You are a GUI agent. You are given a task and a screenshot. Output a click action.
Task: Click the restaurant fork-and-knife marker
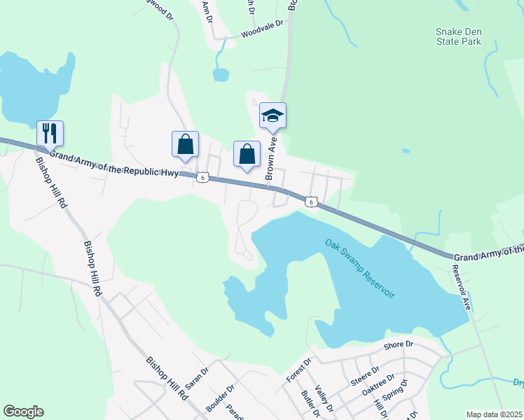coord(50,133)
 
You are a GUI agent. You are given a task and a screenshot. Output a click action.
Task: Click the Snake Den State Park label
coord(458,36)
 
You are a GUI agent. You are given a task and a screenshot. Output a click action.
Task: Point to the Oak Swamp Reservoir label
coord(360,268)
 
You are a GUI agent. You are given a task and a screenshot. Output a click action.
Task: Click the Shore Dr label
coord(399,345)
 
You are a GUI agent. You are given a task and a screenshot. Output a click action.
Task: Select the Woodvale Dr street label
coord(261,28)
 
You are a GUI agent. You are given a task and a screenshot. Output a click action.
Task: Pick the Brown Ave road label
coord(271,159)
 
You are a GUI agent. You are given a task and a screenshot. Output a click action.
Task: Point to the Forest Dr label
coord(298,370)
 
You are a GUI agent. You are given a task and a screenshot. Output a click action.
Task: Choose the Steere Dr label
coord(365,373)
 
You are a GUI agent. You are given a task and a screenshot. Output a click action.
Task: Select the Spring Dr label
coord(394,393)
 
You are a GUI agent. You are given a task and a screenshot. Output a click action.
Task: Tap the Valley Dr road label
coord(322,398)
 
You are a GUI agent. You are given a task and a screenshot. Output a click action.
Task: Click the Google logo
coord(23,412)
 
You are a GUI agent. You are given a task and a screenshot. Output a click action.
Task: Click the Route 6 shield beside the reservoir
coord(311,202)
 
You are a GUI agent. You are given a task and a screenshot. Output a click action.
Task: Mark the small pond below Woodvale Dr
coord(221,73)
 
